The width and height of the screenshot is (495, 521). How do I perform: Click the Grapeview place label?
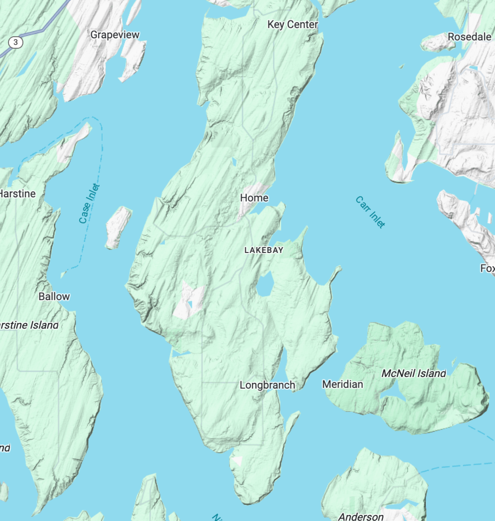(115, 35)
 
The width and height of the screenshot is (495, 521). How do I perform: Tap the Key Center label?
(293, 25)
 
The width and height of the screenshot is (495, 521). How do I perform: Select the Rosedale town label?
(469, 37)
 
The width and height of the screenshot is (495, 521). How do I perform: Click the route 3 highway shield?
(16, 42)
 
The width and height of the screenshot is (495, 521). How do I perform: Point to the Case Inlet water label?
(89, 203)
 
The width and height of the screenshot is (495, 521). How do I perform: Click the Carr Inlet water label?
(370, 212)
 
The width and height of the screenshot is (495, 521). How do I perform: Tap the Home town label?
(254, 198)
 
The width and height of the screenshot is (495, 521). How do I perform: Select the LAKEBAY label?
(264, 250)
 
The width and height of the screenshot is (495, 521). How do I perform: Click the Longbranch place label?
(267, 385)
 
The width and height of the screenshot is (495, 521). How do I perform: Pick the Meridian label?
(342, 385)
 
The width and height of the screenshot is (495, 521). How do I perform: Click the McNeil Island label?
(414, 374)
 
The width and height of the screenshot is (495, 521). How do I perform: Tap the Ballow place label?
(54, 297)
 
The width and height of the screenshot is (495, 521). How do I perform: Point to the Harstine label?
(18, 194)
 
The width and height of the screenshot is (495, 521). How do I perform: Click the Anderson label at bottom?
(361, 516)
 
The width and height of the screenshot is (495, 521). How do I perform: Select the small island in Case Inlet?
(118, 227)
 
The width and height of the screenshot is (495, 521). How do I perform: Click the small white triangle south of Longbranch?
(238, 460)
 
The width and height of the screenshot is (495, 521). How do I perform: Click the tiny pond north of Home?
(234, 162)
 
